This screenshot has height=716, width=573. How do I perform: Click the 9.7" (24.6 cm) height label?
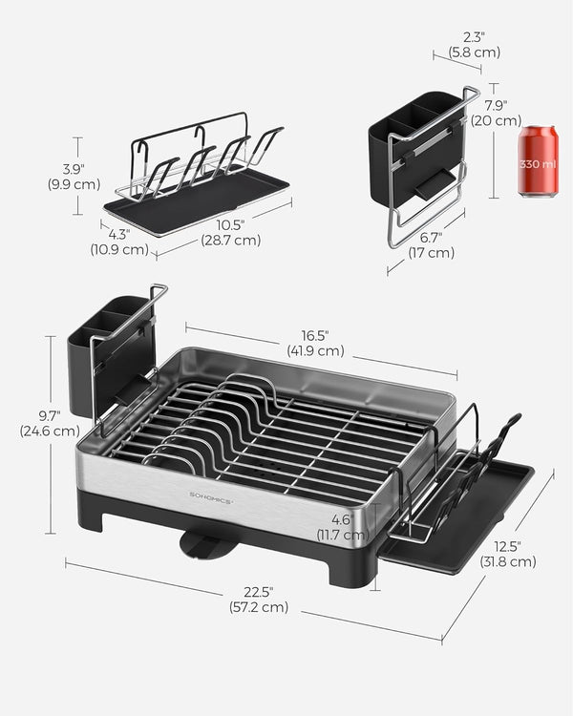49,423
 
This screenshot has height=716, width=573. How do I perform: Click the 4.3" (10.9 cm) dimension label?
119,242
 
